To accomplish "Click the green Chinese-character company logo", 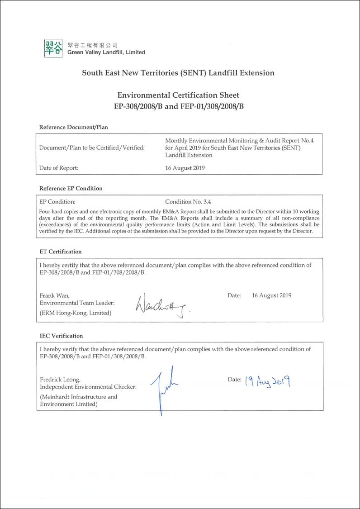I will (54, 48).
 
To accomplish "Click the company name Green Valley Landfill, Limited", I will (106, 52).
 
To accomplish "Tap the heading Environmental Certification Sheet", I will (178, 95).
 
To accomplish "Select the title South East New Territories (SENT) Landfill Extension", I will (178, 73).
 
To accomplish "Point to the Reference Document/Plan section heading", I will (74, 127).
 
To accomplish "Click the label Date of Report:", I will (59, 168).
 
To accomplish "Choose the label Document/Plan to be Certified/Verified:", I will (92, 147).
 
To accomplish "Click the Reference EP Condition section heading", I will (71, 188).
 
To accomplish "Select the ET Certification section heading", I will (61, 252).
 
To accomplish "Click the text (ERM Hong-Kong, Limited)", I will (76, 313).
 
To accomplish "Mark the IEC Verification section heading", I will (62, 336).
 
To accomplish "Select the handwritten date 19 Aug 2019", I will (267, 381).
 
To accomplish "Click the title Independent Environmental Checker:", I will (88, 387).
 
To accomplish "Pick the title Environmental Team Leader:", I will (77, 303).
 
